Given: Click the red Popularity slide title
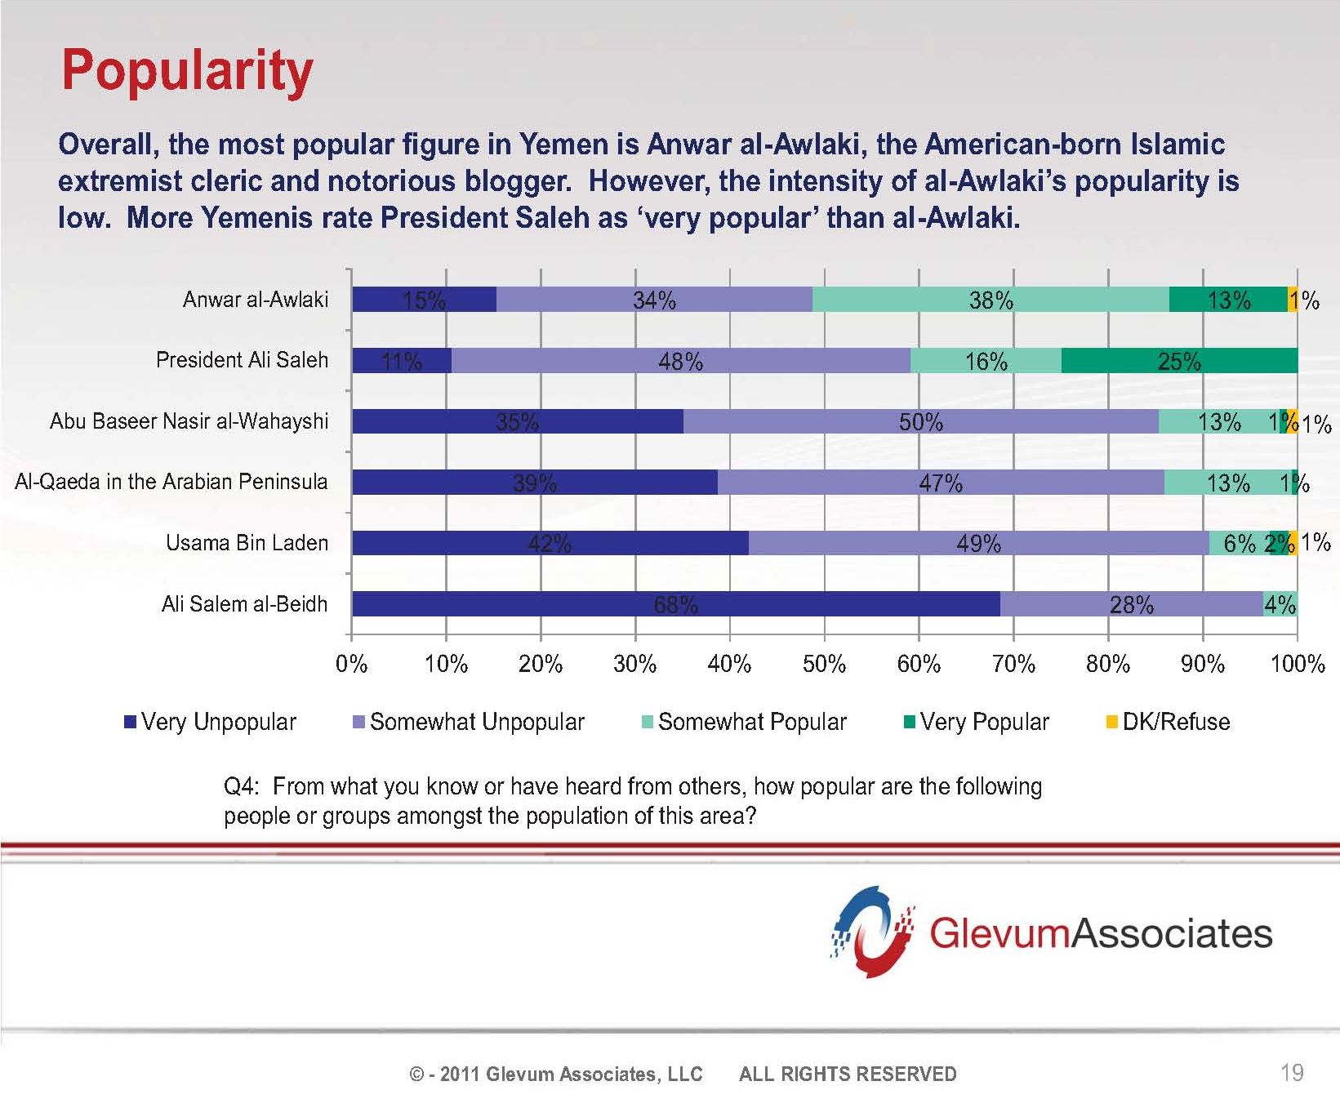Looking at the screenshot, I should pyautogui.click(x=187, y=71).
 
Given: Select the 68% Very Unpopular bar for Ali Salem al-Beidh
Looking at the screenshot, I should pyautogui.click(x=675, y=604).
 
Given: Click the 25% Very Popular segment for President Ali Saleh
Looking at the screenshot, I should pyautogui.click(x=1179, y=361).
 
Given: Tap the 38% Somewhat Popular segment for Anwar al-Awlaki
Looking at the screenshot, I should pyautogui.click(x=991, y=300).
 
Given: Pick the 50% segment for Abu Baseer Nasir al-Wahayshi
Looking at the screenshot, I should pyautogui.click(x=920, y=421).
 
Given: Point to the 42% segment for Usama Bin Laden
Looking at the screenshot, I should pyautogui.click(x=550, y=543).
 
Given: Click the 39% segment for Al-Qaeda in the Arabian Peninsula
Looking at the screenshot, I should pyautogui.click(x=534, y=483).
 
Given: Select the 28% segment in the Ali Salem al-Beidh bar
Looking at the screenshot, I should pyautogui.click(x=1131, y=604).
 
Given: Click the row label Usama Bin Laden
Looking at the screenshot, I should pyautogui.click(x=247, y=543).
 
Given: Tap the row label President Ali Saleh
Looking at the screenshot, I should pyautogui.click(x=242, y=360).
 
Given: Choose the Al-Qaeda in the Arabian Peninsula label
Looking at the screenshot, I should pyautogui.click(x=171, y=482).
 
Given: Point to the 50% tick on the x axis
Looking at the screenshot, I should pyautogui.click(x=824, y=664).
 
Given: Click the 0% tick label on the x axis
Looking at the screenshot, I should pyautogui.click(x=352, y=664).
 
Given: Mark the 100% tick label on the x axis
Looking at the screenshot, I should pyautogui.click(x=1297, y=664).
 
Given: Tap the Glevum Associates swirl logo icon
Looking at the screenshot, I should pyautogui.click(x=871, y=932).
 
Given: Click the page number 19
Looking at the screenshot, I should pyautogui.click(x=1292, y=1072).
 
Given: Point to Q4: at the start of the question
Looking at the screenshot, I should pyautogui.click(x=242, y=786).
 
